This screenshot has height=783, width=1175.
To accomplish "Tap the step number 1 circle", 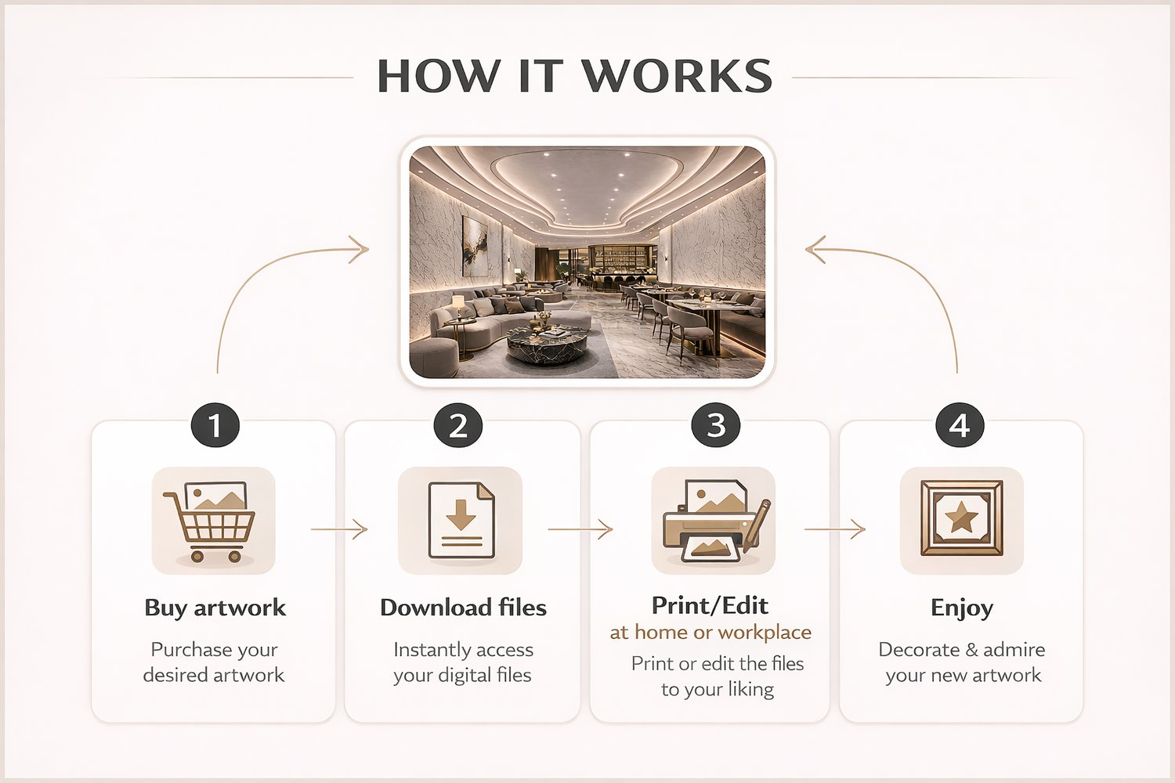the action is [x=215, y=425].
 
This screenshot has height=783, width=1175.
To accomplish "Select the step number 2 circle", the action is [x=458, y=425].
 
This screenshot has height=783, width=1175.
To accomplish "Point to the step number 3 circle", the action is [x=716, y=425].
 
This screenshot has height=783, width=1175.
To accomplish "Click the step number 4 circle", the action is [x=960, y=425].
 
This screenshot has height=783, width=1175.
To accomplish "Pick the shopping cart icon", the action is [x=210, y=521].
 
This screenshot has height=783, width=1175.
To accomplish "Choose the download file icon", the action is [x=461, y=520].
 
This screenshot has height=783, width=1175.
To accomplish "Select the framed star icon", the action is [x=961, y=518].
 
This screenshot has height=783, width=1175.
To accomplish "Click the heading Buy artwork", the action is [x=215, y=608].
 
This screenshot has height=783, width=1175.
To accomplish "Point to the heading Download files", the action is [x=463, y=608].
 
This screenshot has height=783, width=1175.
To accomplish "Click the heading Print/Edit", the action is [x=710, y=606].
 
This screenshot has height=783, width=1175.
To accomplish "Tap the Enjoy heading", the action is [x=961, y=608].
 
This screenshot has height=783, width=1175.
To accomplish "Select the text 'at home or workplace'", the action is [x=710, y=632].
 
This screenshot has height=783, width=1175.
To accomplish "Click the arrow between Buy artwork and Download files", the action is [x=339, y=529].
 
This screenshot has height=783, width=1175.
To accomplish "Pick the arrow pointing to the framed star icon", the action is [x=834, y=529].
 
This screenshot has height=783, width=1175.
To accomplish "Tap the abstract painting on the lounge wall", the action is [x=475, y=247].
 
